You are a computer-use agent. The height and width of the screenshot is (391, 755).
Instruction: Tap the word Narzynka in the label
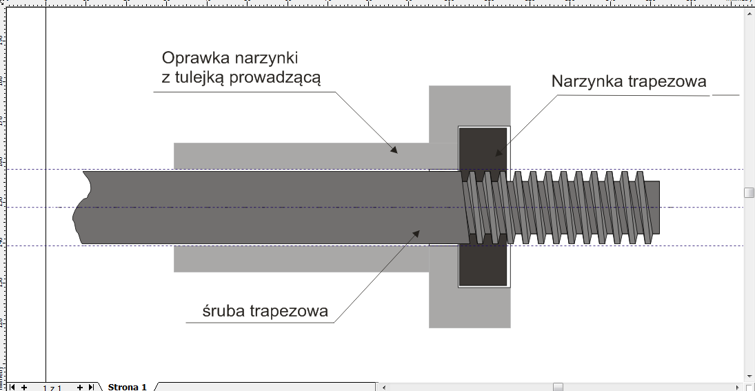pyautogui.click(x=587, y=81)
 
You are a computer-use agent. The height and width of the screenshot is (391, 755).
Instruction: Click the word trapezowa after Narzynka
pyautogui.click(x=668, y=81)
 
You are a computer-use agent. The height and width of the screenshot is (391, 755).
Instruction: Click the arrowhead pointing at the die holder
pyautogui.click(x=394, y=149)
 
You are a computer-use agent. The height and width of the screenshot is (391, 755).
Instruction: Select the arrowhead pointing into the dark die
pyautogui.click(x=499, y=152)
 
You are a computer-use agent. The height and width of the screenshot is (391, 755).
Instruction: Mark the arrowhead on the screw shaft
pyautogui.click(x=416, y=234)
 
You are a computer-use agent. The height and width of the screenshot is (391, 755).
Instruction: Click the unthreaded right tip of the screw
pyautogui.click(x=656, y=207)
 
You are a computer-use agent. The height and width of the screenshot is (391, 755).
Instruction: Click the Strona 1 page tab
pyautogui.click(x=127, y=387)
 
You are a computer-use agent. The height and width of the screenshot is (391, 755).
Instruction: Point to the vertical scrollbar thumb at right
pyautogui.click(x=749, y=192)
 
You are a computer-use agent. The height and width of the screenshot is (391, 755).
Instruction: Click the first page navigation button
pyautogui.click(x=12, y=387)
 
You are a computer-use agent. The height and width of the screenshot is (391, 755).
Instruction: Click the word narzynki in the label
pyautogui.click(x=272, y=57)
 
